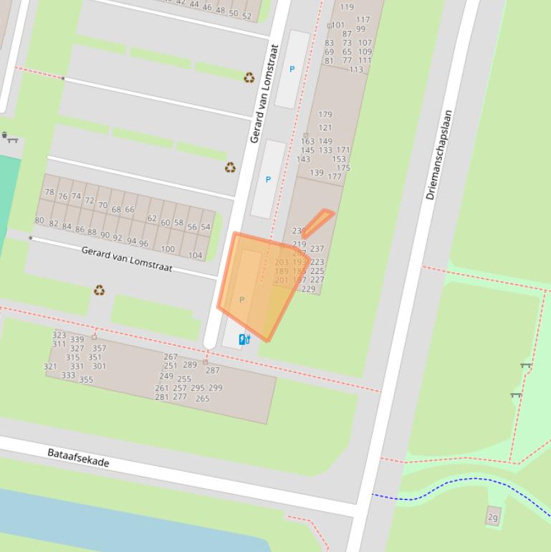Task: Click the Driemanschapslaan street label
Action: tap(440, 155)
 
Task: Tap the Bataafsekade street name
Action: tap(79, 457)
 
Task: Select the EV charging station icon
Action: tap(244, 339)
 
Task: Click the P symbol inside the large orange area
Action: tap(241, 300)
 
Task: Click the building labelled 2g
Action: tap(493, 517)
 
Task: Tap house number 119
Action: tap(347, 7)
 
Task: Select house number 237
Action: tap(317, 249)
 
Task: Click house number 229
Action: tap(308, 290)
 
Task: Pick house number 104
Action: tap(195, 255)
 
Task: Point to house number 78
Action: tap(49, 192)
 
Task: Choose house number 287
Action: tap(213, 371)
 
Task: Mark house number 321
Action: tap(50, 366)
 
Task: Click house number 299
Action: tap(215, 388)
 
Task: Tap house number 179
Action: tap(325, 114)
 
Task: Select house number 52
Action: tap(247, 16)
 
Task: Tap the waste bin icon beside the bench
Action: tap(5, 135)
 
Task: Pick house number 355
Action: tap(86, 380)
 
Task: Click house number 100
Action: tap(168, 249)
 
